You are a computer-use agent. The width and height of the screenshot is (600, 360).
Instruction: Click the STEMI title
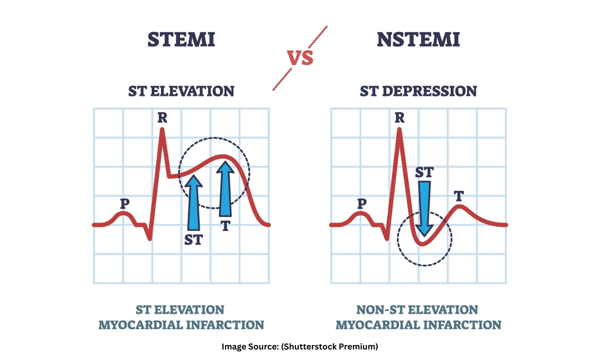[x=181, y=40]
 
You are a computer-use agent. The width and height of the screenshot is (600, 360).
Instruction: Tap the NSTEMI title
[x=418, y=40]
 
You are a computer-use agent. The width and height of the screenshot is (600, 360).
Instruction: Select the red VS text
[x=300, y=58]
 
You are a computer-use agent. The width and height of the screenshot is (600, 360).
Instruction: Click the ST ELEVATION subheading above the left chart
[x=181, y=91]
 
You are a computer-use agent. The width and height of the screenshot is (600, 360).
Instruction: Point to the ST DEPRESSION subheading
[x=418, y=91]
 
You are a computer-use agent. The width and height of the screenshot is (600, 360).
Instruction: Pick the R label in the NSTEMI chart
[x=399, y=118]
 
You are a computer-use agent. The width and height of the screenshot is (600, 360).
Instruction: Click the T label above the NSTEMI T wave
[x=458, y=196]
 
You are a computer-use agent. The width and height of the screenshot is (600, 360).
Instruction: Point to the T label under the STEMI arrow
[x=225, y=226]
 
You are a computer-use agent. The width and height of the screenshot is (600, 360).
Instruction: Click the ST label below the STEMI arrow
[x=193, y=239]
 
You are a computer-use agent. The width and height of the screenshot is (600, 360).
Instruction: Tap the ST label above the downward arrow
[x=424, y=172]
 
